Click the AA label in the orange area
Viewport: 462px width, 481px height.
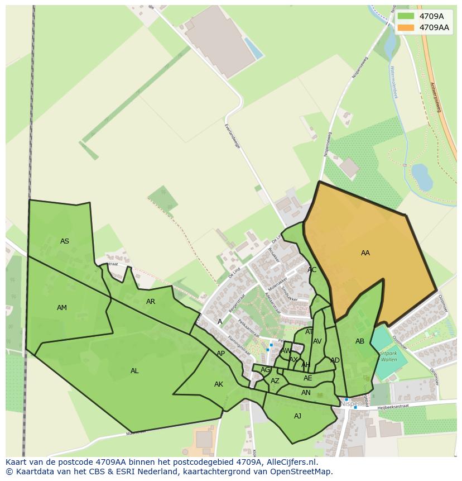point(365,253)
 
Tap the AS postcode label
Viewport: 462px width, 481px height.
point(65,241)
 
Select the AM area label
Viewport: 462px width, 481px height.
point(62,308)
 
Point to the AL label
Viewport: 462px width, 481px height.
point(134,371)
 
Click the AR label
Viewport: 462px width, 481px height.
point(151,302)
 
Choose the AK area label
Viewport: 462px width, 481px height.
point(219,384)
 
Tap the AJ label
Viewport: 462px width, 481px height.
point(297,416)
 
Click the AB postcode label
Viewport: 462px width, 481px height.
point(360,341)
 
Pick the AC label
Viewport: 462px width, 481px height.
point(312,270)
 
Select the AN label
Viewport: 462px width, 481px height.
point(306,393)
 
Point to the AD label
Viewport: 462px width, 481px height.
point(335,360)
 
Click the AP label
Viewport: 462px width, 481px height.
point(221,354)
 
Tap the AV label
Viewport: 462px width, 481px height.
point(317,341)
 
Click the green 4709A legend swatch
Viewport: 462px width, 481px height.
point(406,16)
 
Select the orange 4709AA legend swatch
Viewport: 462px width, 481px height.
point(406,27)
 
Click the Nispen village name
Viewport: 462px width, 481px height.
point(352,403)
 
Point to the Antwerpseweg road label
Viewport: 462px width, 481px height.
point(436,97)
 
